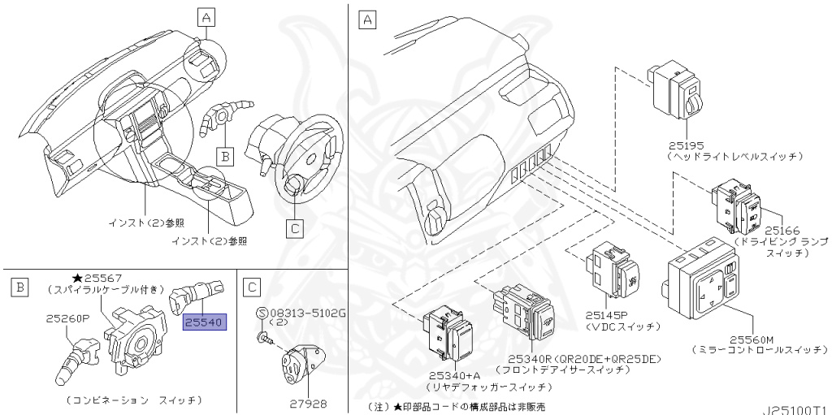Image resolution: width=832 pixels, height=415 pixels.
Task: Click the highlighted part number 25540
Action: pos(204,323)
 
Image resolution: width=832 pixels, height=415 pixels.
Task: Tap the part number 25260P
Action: pos(67,319)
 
